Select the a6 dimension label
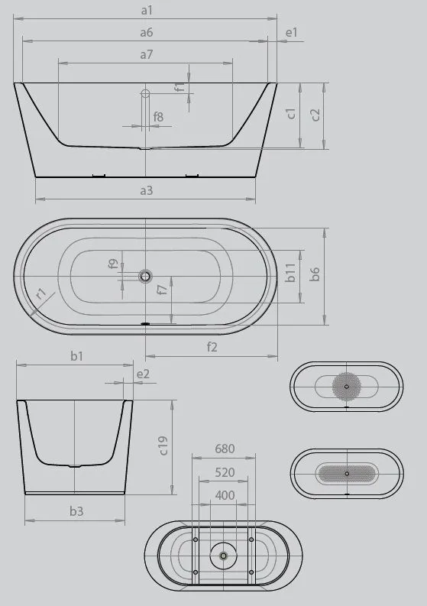pyautogui.click(x=147, y=32)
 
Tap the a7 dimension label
pyautogui.click(x=147, y=54)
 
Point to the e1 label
pyautogui.click(x=290, y=32)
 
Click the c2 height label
pyautogui.click(x=315, y=115)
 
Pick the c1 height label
pyautogui.click(x=291, y=115)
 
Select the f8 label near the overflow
pyautogui.click(x=158, y=116)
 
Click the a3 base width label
pyautogui.click(x=147, y=190)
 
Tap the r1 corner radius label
pyautogui.click(x=40, y=293)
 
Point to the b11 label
pyautogui.click(x=290, y=274)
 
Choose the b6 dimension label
pyautogui.click(x=315, y=274)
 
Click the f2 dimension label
pyautogui.click(x=212, y=347)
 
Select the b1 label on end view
pyautogui.click(x=76, y=355)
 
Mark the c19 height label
pyautogui.click(x=163, y=446)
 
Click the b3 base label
pyautogui.click(x=76, y=511)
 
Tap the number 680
pyautogui.click(x=225, y=449)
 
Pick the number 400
pyautogui.click(x=225, y=496)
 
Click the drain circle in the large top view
pyautogui.click(x=145, y=276)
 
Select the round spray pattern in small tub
pyautogui.click(x=347, y=386)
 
